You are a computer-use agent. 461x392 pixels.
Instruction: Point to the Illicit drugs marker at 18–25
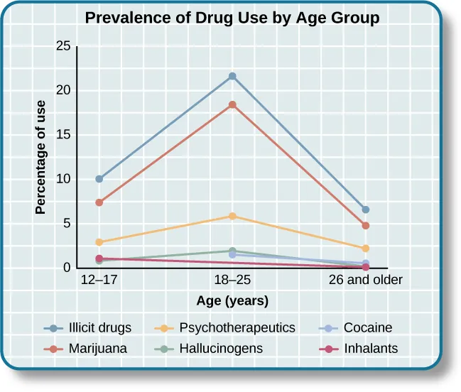232,76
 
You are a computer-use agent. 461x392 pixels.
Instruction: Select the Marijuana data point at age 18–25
232,104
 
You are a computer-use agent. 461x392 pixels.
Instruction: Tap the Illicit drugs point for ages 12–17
99,179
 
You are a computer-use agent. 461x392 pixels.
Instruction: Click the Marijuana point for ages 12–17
99,202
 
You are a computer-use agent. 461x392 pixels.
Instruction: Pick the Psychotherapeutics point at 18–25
232,216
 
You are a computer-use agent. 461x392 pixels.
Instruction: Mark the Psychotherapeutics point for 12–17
99,242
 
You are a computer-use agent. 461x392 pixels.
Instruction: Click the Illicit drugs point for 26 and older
366,209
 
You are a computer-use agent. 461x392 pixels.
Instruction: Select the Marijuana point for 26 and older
366,225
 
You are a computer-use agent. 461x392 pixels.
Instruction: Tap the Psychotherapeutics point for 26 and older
366,249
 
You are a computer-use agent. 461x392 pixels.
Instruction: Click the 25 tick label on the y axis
63,46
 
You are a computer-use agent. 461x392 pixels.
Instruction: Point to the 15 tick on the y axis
63,135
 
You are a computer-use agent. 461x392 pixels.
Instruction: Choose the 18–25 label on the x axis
232,281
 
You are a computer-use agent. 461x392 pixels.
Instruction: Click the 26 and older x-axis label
366,281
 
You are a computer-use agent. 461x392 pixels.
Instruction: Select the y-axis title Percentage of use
41,158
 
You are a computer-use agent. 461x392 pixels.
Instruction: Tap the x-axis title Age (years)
232,301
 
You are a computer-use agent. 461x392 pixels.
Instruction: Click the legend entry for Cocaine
367,328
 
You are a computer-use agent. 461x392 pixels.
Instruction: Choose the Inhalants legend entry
370,349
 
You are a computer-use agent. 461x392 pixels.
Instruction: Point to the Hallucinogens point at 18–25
232,251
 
